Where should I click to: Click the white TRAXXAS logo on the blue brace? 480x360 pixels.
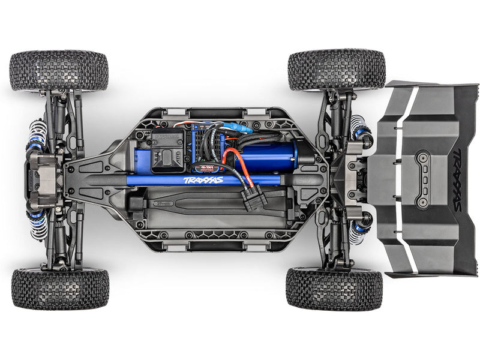(x=203, y=180)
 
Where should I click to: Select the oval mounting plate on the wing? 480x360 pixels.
(x=422, y=179)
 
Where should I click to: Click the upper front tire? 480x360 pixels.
(x=59, y=70)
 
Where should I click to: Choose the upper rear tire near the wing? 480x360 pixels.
(x=336, y=70)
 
